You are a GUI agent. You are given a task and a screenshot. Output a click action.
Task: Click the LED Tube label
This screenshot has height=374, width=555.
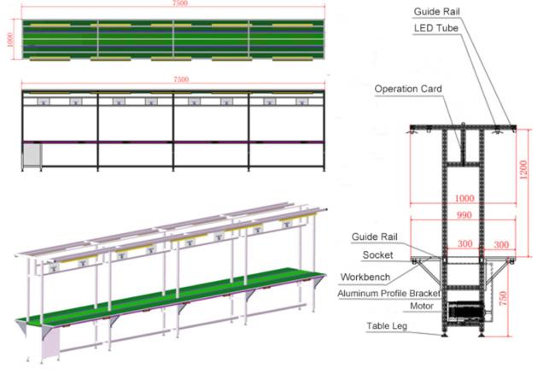(x=437, y=30)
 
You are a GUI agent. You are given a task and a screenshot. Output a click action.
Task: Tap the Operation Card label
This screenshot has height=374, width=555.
(x=407, y=89)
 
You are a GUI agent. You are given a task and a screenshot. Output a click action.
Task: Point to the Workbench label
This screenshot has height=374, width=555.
(x=366, y=277)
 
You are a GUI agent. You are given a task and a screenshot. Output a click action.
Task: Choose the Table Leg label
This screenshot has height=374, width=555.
(x=386, y=326)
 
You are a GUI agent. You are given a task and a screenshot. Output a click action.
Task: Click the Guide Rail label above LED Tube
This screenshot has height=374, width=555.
(x=439, y=12)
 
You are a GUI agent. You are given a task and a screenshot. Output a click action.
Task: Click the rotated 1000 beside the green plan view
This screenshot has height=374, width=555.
(x=11, y=40)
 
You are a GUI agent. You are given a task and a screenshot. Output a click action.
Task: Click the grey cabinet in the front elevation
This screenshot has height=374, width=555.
(x=32, y=155)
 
